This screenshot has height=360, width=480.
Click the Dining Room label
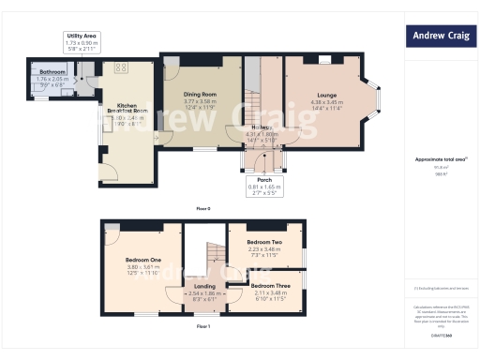pos(201,95)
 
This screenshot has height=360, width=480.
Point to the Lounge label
pos(327,96)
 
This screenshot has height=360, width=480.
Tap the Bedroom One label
pos(143,259)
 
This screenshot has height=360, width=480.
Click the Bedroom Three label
pos(269,285)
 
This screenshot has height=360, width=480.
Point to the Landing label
pos(204,286)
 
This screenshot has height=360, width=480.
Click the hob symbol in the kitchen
pos(120,67)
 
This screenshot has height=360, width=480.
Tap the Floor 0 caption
pos(203,207)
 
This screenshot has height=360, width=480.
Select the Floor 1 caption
pos(203,325)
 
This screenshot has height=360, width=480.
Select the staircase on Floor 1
pos(212,253)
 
